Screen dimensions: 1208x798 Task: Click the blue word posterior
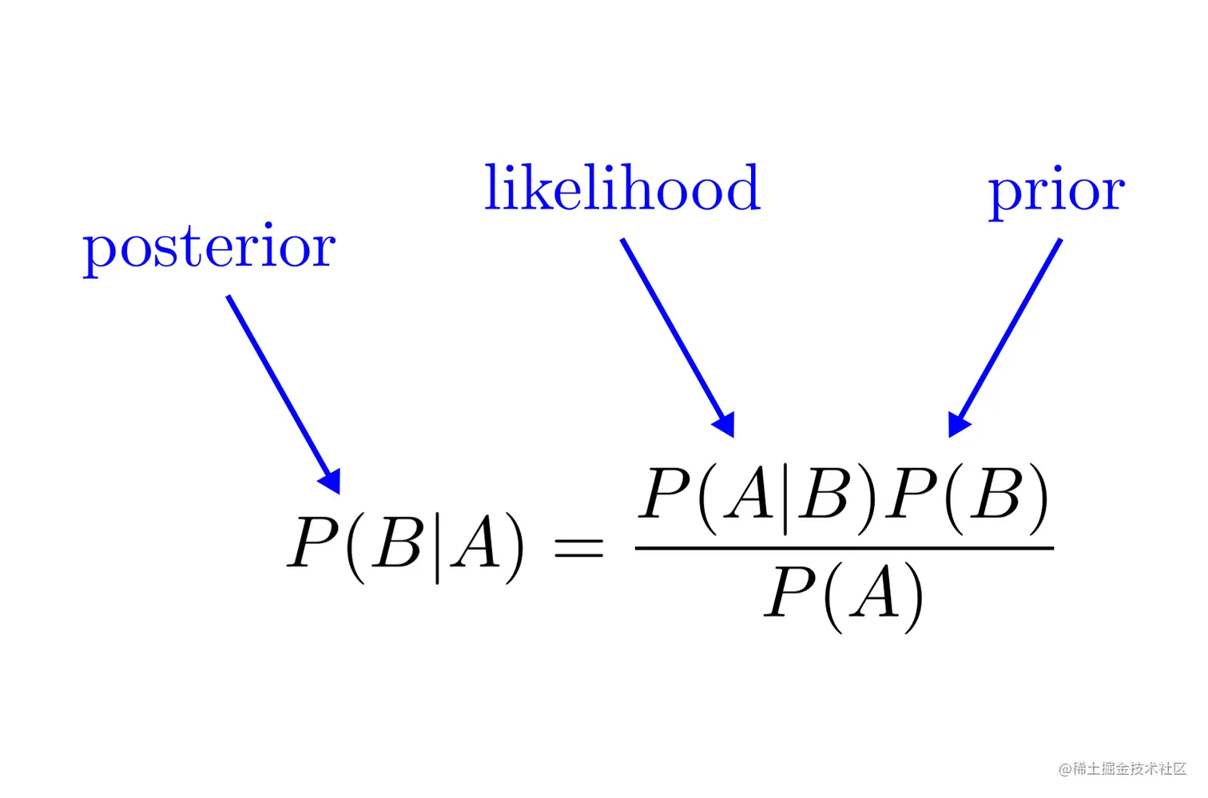coord(209,248)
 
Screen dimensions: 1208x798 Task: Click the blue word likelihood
coord(622,189)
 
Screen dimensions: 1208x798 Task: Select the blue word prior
coord(1056,192)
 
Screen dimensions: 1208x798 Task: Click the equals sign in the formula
coord(578,548)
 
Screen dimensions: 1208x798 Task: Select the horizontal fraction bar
coord(844,548)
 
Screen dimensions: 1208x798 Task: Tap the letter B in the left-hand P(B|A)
coord(399,543)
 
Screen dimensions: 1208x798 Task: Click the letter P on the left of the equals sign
coord(313,543)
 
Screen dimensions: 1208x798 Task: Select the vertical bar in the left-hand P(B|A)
coord(437,547)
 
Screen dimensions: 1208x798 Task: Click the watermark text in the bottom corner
coord(1122,769)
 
